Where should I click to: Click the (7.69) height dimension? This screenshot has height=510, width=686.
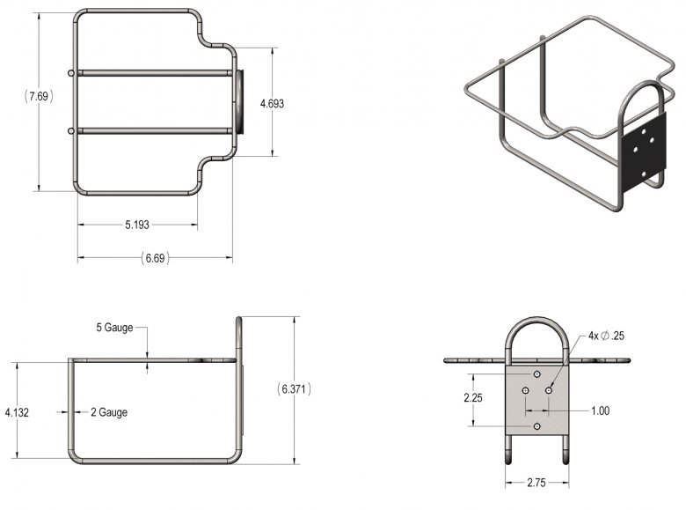[x=39, y=96]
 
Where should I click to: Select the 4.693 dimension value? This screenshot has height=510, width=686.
[x=272, y=104]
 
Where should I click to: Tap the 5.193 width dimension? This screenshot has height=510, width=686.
[x=137, y=225]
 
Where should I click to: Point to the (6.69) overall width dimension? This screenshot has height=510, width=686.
[x=155, y=258]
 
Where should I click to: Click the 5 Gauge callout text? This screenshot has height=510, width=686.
[x=114, y=328]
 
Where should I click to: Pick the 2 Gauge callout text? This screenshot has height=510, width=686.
[x=109, y=412]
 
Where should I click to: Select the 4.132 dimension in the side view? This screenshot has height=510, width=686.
[x=17, y=412]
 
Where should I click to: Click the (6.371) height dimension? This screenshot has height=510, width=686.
[x=294, y=388]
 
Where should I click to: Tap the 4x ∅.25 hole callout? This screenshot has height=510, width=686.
[x=606, y=336]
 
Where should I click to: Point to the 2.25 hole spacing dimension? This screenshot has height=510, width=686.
[x=473, y=398]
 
